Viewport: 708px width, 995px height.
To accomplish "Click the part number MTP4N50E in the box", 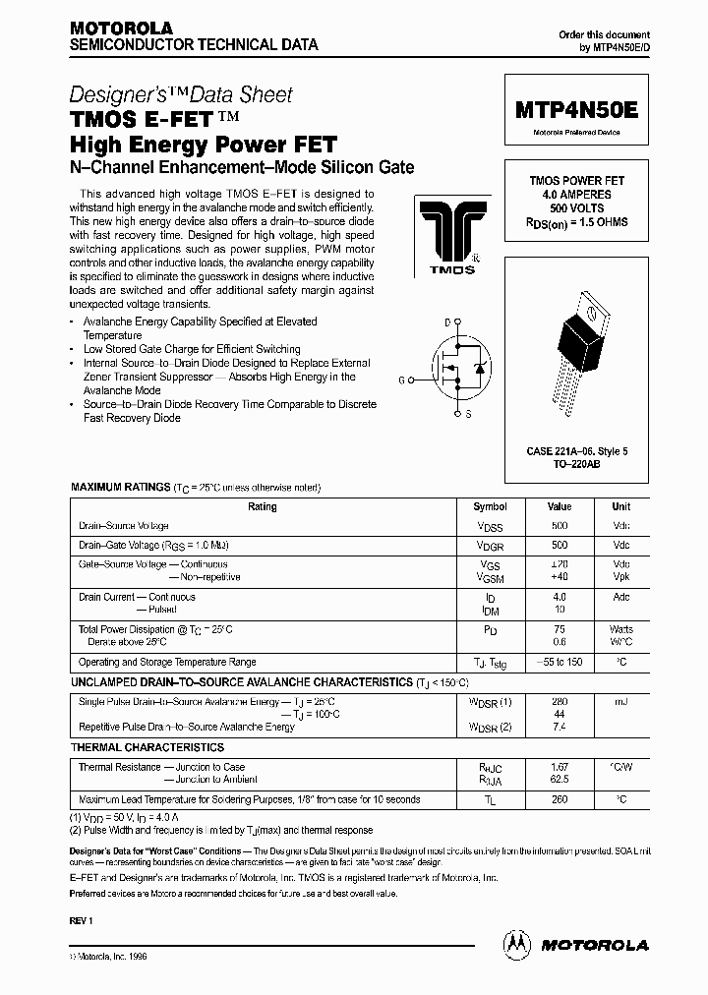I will point(576,111).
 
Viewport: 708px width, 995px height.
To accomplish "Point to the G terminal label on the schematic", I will point(400,379).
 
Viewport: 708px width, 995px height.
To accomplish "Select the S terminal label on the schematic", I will point(468,414).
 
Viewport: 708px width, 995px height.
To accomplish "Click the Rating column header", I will point(263,507).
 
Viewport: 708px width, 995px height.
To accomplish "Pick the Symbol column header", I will point(490,507).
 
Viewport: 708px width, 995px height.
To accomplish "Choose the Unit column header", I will point(620,507).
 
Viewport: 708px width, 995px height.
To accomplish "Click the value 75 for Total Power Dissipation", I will point(560,628).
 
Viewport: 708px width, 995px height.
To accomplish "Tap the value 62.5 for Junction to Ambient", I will point(560,780).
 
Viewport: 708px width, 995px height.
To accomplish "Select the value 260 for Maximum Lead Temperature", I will point(560,799).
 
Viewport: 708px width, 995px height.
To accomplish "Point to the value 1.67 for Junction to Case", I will point(560,767).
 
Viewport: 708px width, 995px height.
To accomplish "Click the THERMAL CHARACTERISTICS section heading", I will point(147,748).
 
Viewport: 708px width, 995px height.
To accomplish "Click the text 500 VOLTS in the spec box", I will point(576,208).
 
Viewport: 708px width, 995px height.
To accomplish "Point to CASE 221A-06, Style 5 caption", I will point(576,451).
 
